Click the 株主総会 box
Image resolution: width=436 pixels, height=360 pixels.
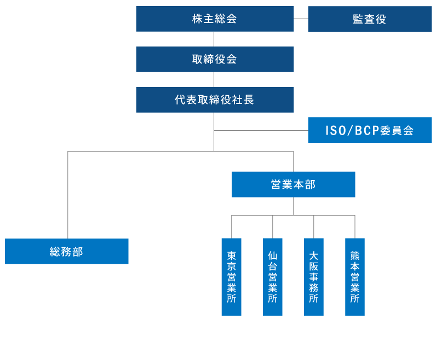(215, 19)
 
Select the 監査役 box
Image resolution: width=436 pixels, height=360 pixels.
(370, 19)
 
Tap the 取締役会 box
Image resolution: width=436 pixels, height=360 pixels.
(215, 59)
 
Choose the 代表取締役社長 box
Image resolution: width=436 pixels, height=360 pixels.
(215, 100)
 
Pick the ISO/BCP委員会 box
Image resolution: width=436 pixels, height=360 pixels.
(370, 130)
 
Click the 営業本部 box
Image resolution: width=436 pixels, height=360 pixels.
(293, 184)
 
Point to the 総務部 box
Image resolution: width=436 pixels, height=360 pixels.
(66, 251)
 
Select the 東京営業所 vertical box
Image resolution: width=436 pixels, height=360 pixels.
(231, 277)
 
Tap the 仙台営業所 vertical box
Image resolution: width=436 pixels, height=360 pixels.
(272, 277)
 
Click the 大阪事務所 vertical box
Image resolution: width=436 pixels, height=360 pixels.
(313, 277)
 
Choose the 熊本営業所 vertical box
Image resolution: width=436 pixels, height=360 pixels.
(354, 277)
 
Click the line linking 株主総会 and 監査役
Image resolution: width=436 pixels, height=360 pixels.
(301, 19)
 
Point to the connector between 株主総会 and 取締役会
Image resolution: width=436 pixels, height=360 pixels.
(214, 39)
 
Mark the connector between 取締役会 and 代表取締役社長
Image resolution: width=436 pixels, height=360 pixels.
(214, 79)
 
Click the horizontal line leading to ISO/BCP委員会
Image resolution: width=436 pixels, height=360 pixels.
(261, 131)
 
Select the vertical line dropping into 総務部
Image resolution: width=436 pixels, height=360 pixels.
(68, 194)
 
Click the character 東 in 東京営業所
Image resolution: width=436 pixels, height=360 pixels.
(231, 255)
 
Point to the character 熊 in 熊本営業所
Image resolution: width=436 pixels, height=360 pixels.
(354, 255)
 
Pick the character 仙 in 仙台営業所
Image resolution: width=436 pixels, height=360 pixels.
(272, 255)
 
